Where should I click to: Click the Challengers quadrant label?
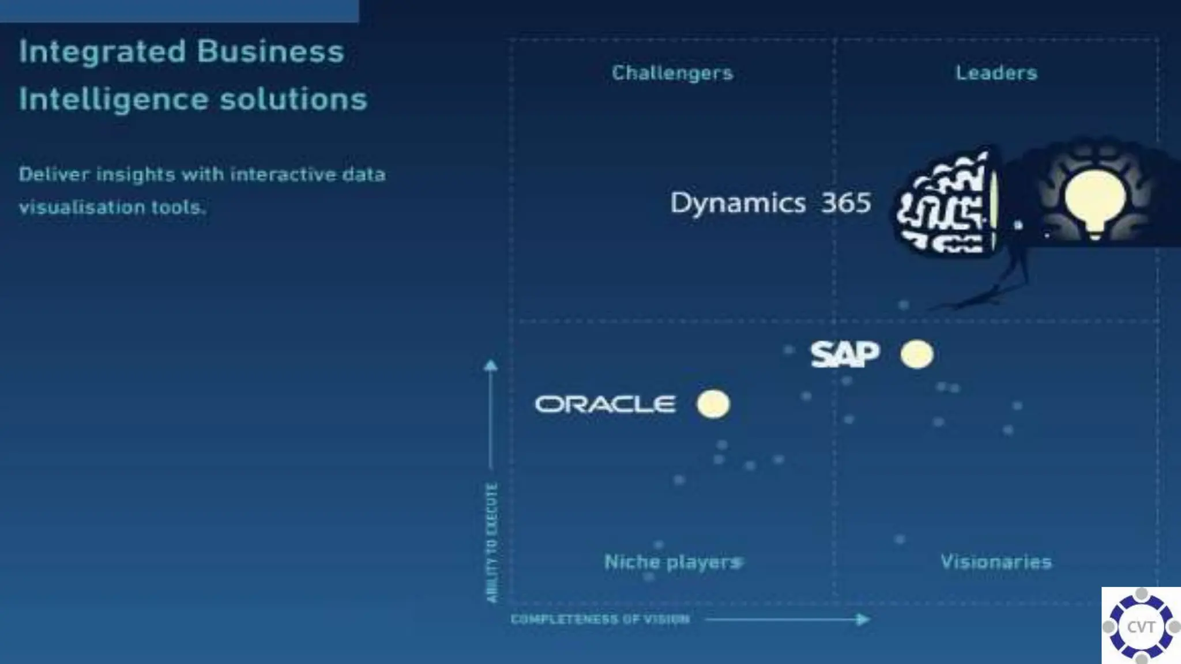pos(672,73)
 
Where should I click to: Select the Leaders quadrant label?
pos(996,73)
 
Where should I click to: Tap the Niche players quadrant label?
pos(672,561)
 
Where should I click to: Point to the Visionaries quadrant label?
pos(996,561)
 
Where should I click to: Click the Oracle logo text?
pos(605,404)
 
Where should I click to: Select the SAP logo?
pos(845,354)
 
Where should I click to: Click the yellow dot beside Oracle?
pos(713,403)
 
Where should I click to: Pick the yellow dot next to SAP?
pos(916,354)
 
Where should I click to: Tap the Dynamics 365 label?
pos(770,203)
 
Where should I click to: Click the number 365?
pos(846,203)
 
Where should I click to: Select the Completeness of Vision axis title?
pos(600,620)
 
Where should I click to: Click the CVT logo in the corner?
pos(1141,626)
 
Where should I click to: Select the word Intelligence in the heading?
pos(113,99)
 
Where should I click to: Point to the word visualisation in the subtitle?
pos(81,207)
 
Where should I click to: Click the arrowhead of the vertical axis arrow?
pos(491,365)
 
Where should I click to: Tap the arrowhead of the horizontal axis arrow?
pos(863,620)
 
